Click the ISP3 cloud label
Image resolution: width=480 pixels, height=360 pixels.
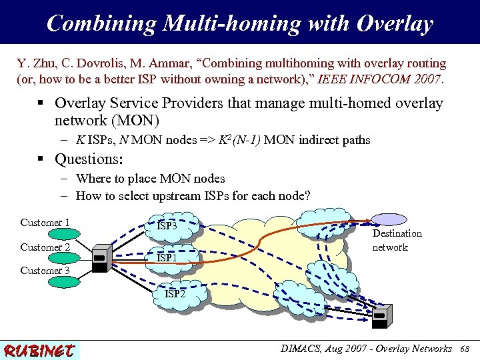(167, 226)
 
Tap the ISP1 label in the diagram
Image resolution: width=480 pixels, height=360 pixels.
(167, 257)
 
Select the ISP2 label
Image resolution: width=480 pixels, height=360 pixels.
(175, 293)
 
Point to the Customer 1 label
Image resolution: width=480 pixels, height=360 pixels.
(45, 223)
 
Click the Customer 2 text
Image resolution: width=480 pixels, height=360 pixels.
(45, 247)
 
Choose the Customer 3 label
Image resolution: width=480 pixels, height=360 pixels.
(45, 271)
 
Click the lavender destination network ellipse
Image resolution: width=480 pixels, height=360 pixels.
(389, 219)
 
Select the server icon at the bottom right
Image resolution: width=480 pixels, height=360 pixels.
(382, 317)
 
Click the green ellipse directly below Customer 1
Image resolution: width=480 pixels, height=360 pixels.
(46, 234)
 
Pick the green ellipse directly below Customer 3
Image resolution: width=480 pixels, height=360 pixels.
(45, 283)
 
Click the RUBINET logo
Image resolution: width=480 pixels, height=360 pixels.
(40, 349)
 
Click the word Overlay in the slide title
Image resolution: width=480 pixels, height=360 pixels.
(395, 24)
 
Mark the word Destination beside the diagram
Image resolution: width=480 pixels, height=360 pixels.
(397, 233)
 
